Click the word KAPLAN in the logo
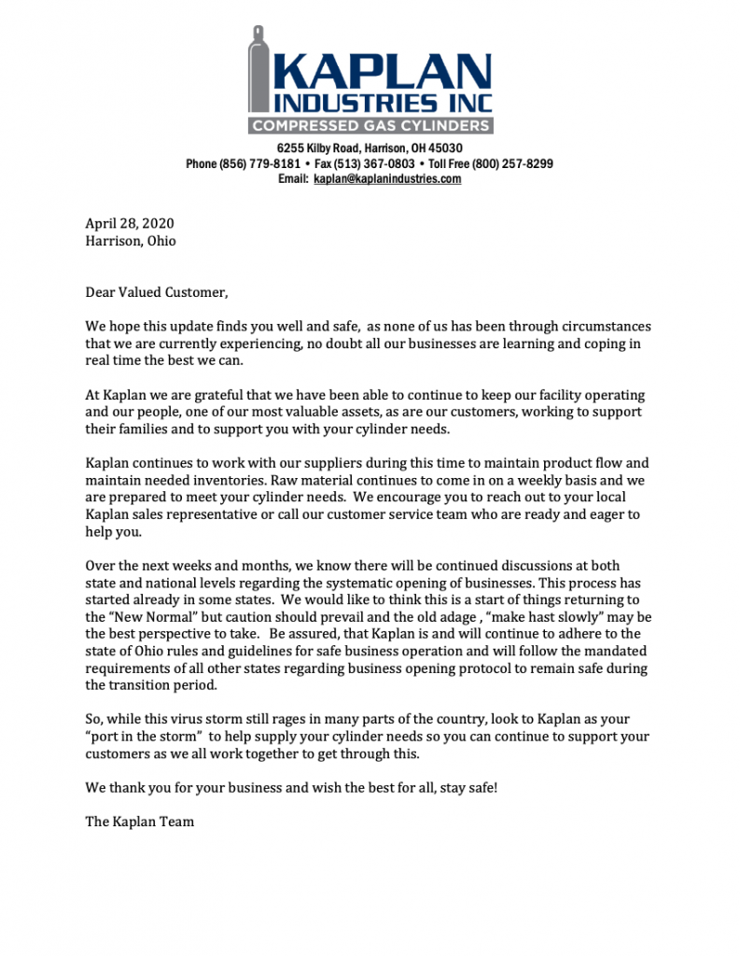(383, 71)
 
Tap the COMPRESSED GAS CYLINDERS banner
(370, 125)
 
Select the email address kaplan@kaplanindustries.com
(387, 179)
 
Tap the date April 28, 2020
(130, 224)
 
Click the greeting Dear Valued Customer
(156, 292)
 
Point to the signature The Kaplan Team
(140, 822)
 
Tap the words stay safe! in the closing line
(467, 788)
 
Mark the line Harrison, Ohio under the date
(131, 241)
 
